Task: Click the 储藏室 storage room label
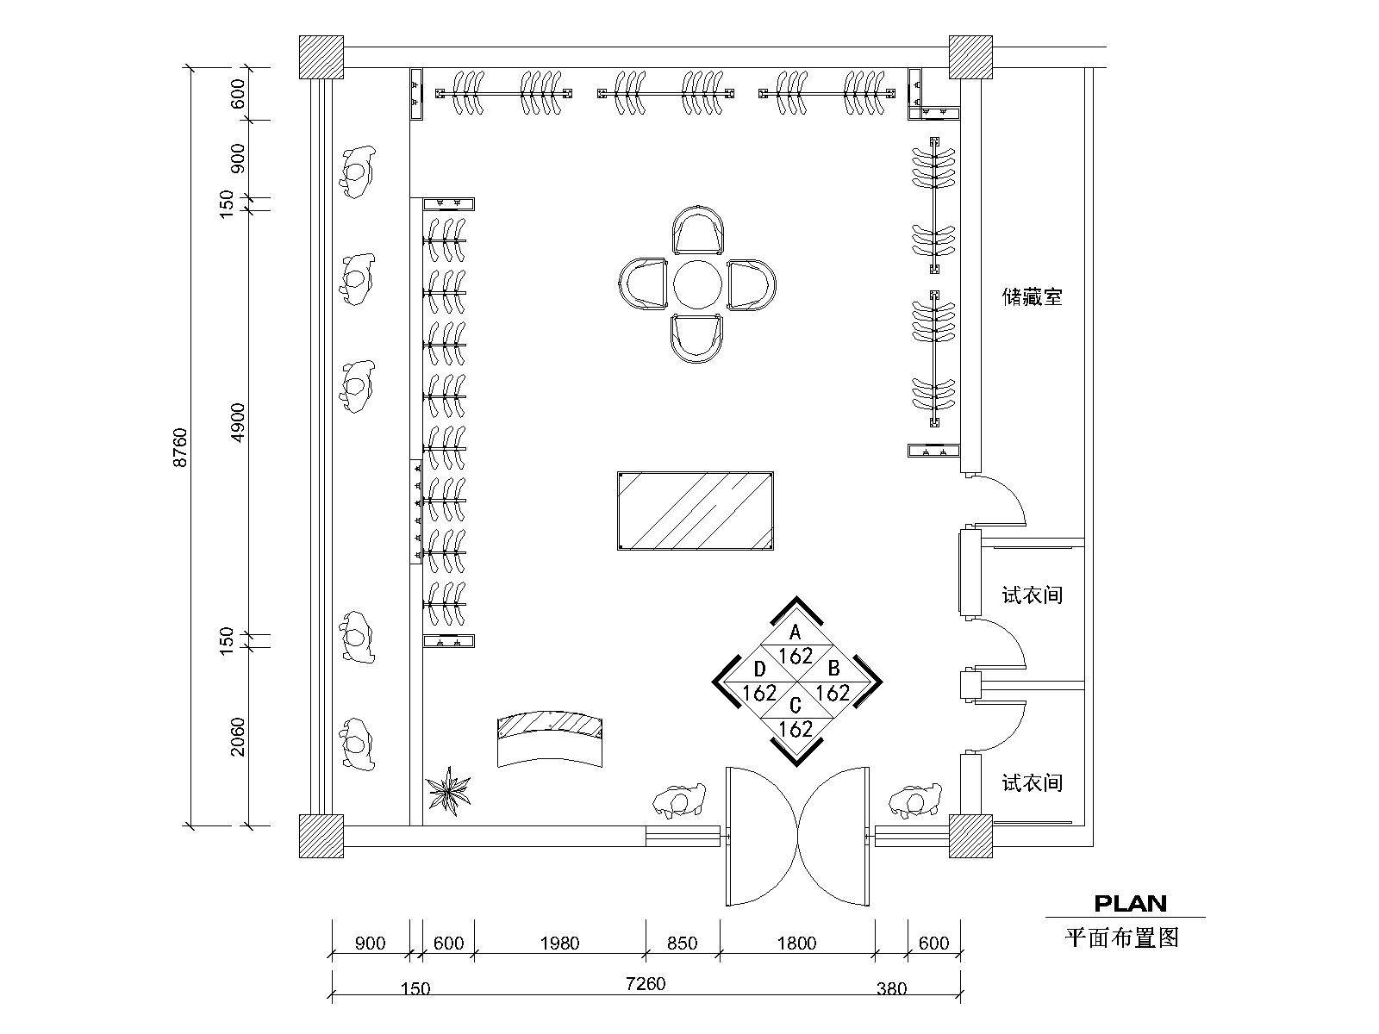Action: pos(1032,296)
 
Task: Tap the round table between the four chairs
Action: pos(697,284)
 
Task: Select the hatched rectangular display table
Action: pos(696,510)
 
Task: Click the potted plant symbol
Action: pos(448,790)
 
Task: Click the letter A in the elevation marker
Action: pos(796,632)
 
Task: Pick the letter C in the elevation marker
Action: pos(796,706)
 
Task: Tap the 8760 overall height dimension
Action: pos(179,447)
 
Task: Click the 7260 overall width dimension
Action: pos(646,983)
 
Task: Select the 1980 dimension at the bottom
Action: pos(559,943)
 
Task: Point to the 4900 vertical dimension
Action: pos(238,422)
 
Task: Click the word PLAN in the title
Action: pos(1130,903)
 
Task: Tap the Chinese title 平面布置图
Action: pos(1121,938)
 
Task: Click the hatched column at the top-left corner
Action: pos(321,57)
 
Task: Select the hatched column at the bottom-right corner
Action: pos(970,836)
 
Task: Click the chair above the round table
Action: pos(697,230)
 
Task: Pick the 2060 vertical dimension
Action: pos(238,737)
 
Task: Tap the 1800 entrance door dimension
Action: pos(796,943)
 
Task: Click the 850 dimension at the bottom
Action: pos(683,943)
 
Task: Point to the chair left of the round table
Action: pos(643,283)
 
